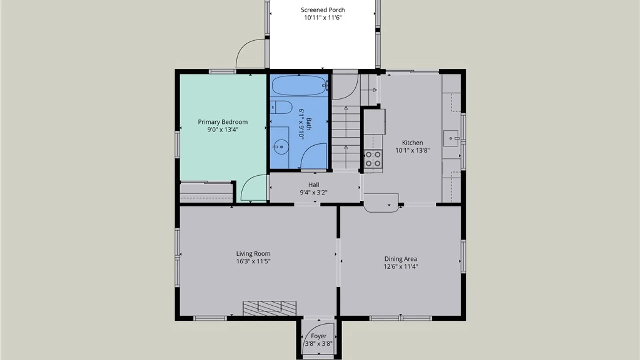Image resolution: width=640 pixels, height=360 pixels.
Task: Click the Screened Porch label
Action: click(323, 10)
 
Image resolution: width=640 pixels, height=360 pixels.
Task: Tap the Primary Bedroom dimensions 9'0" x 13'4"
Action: click(223, 130)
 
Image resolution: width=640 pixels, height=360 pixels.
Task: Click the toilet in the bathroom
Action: click(281, 107)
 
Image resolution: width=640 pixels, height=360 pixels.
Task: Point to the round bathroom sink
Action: click(281, 147)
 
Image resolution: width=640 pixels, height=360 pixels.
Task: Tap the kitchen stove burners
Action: click(373, 159)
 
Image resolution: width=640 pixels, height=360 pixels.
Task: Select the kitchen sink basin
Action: click(451, 138)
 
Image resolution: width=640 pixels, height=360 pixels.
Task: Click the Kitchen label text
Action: click(412, 143)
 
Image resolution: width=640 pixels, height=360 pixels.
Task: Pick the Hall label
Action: click(314, 185)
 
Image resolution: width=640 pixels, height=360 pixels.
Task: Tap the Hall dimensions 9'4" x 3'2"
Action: click(314, 193)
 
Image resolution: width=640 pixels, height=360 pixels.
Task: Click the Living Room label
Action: click(253, 254)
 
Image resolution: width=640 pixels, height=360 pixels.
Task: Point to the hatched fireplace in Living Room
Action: click(269, 308)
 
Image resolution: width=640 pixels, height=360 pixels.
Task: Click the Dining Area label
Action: click(401, 259)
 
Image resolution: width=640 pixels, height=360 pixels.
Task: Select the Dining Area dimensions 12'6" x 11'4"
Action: click(401, 267)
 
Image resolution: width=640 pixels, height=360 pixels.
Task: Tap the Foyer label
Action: click(319, 336)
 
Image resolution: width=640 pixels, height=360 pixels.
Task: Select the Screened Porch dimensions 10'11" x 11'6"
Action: click(323, 18)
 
